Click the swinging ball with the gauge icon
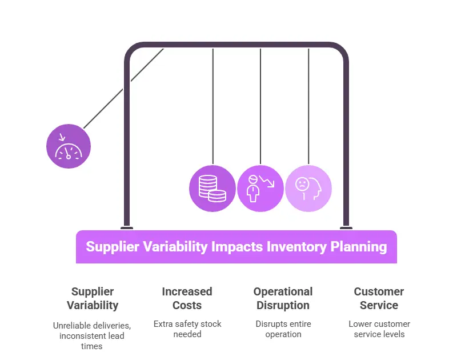click(x=69, y=146)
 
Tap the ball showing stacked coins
click(x=213, y=189)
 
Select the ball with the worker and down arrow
click(x=260, y=189)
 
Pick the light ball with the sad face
click(x=308, y=189)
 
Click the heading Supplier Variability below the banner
click(x=93, y=298)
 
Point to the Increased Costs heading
click(x=187, y=298)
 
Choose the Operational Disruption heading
click(x=283, y=298)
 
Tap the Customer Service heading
click(x=379, y=298)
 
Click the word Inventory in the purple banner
click(x=296, y=247)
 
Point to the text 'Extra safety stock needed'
click(x=187, y=329)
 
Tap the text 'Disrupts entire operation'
click(x=283, y=329)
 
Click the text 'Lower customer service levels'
click(x=379, y=329)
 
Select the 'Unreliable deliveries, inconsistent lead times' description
click(x=92, y=335)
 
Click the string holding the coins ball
click(x=213, y=106)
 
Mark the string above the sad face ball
click(x=308, y=106)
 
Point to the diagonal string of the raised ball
click(x=124, y=89)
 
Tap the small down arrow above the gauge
click(x=62, y=137)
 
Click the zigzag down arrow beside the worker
click(x=267, y=181)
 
